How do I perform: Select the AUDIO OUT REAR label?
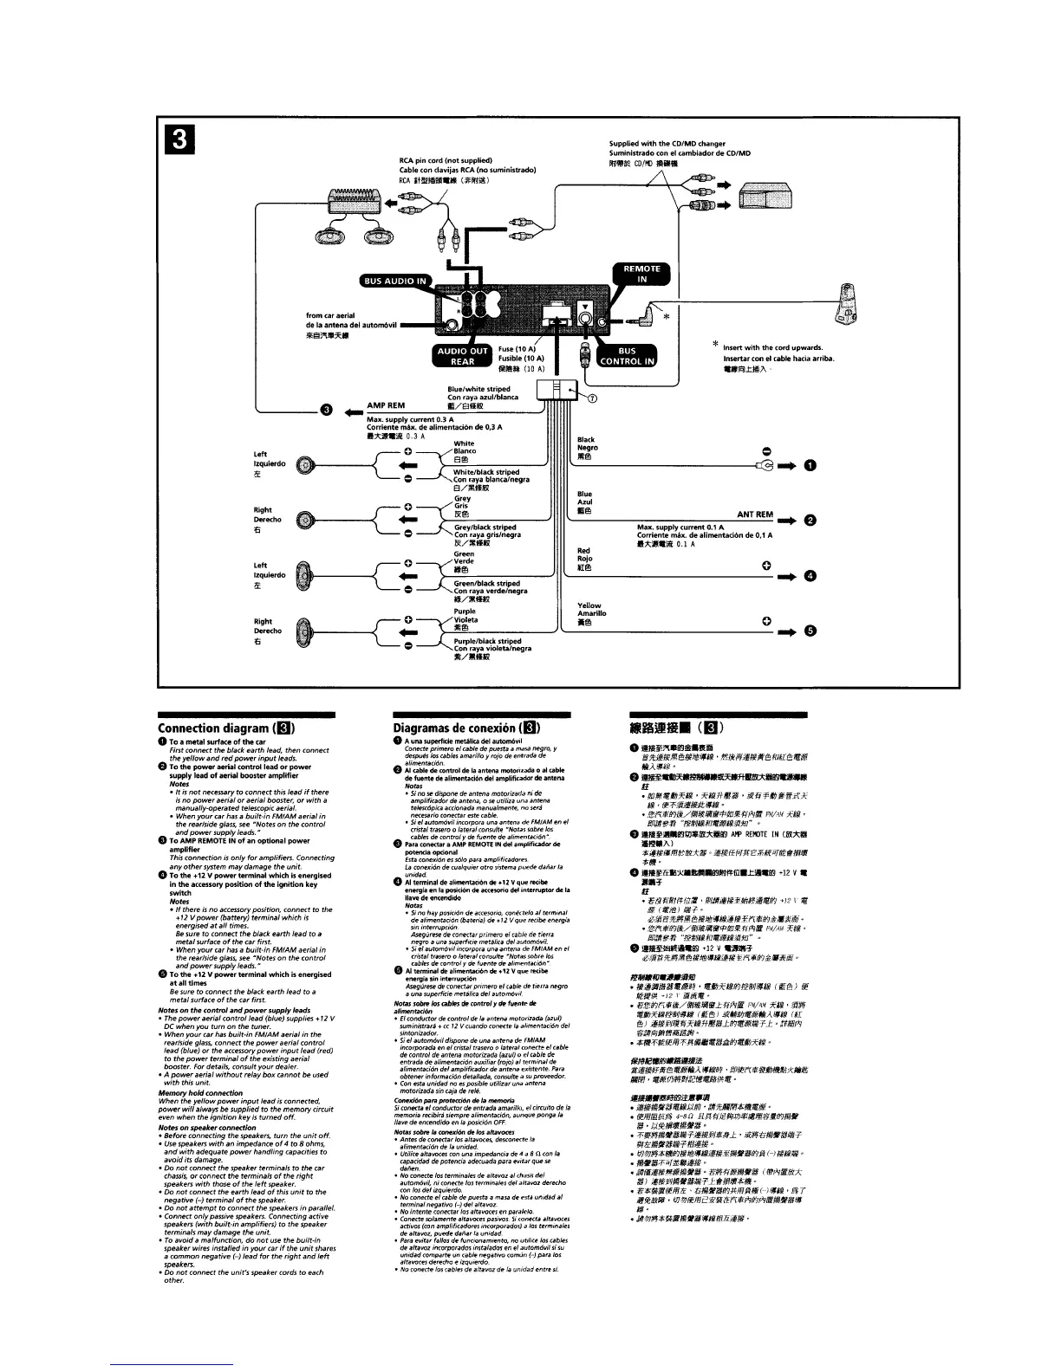point(461,356)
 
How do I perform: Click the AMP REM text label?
point(387,404)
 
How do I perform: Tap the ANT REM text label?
point(754,514)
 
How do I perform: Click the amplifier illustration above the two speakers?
point(354,204)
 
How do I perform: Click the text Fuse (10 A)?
point(520,349)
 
